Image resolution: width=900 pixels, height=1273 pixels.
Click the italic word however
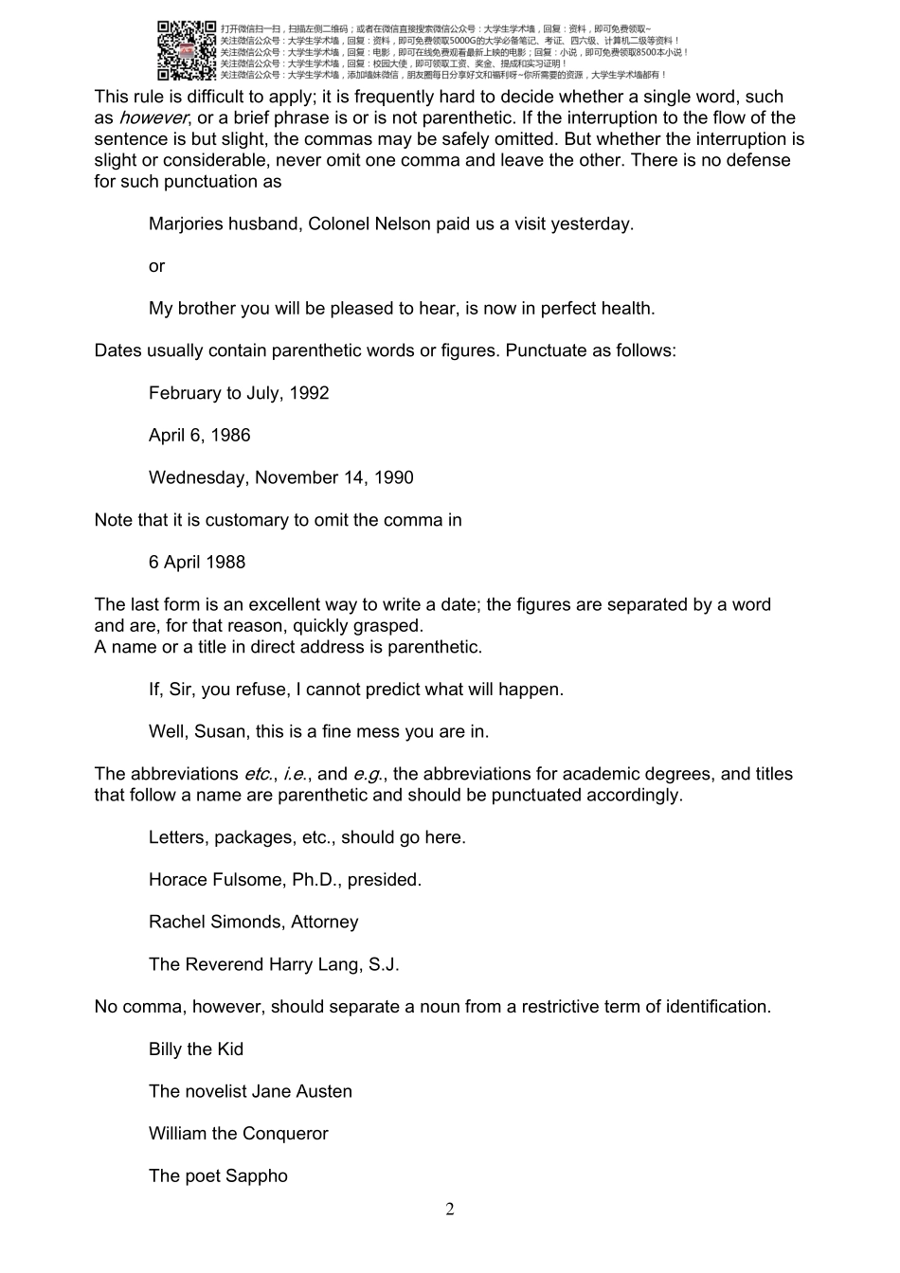point(153,118)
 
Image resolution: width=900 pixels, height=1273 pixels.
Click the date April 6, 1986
point(200,436)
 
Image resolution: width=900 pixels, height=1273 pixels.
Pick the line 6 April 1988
point(197,563)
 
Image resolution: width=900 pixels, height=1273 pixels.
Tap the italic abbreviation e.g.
point(367,775)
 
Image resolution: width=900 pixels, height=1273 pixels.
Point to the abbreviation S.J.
point(382,965)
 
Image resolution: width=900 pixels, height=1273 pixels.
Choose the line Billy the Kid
point(196,1049)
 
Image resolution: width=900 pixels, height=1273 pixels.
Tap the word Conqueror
point(285,1134)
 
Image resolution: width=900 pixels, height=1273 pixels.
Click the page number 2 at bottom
point(450,1210)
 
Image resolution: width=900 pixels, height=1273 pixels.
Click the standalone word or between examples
point(156,267)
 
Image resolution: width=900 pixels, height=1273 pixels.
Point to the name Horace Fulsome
point(213,880)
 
